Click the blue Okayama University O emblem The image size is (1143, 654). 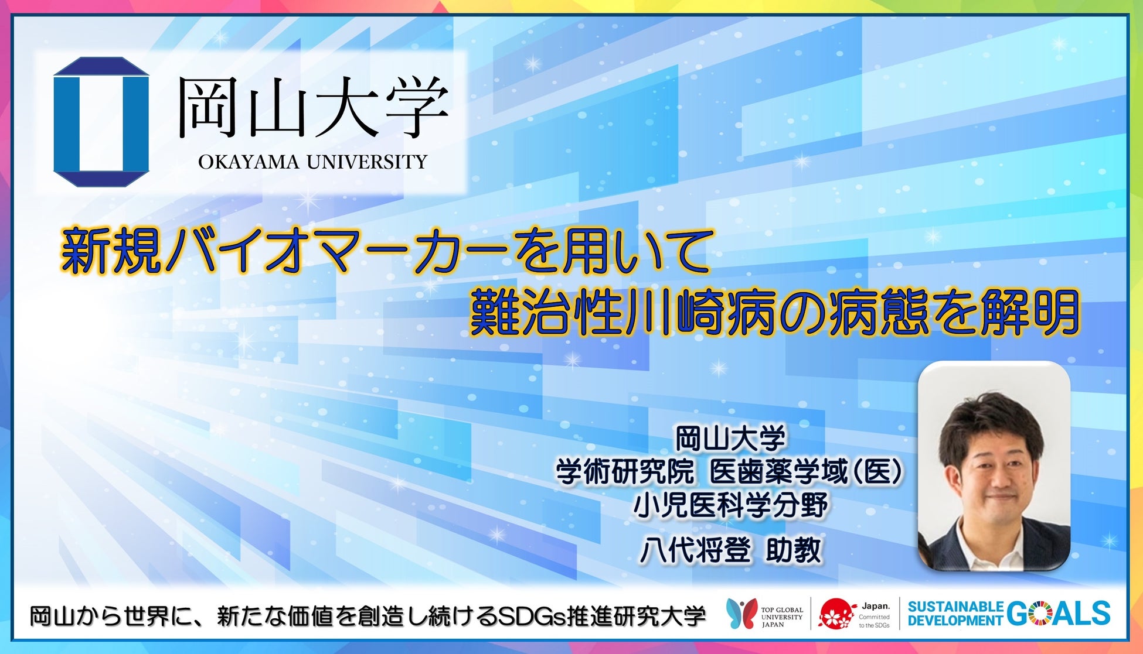[101, 122]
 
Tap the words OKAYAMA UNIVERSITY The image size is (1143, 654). [313, 162]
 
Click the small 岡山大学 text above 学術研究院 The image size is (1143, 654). [730, 439]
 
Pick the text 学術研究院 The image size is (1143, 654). [625, 472]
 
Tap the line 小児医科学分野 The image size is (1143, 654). [730, 505]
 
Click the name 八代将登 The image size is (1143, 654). [695, 550]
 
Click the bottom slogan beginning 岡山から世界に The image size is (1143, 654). [368, 617]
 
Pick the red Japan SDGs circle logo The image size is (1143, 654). [836, 614]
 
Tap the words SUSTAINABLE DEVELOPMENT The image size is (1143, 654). [955, 614]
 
